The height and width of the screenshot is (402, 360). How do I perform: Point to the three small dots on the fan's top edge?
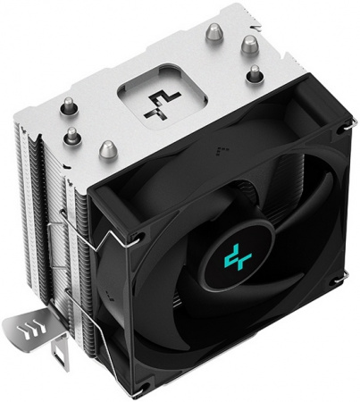[228, 142]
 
